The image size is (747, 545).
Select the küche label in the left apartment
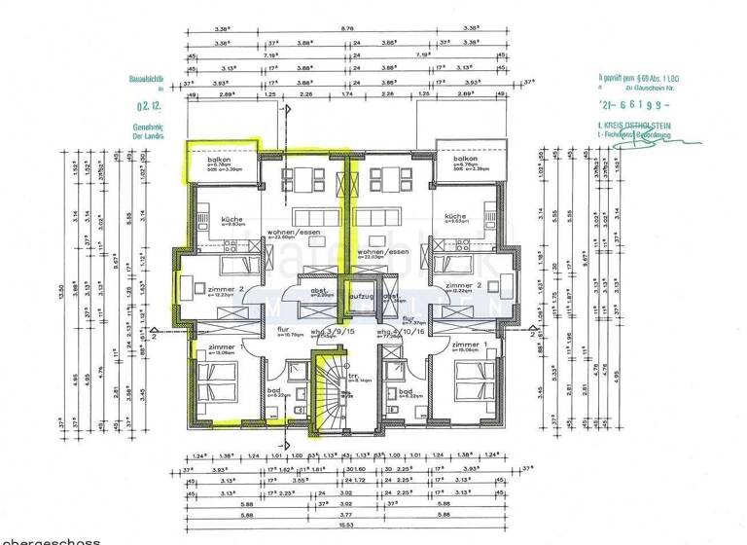click(231, 219)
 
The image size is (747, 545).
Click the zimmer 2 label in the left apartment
click(223, 288)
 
